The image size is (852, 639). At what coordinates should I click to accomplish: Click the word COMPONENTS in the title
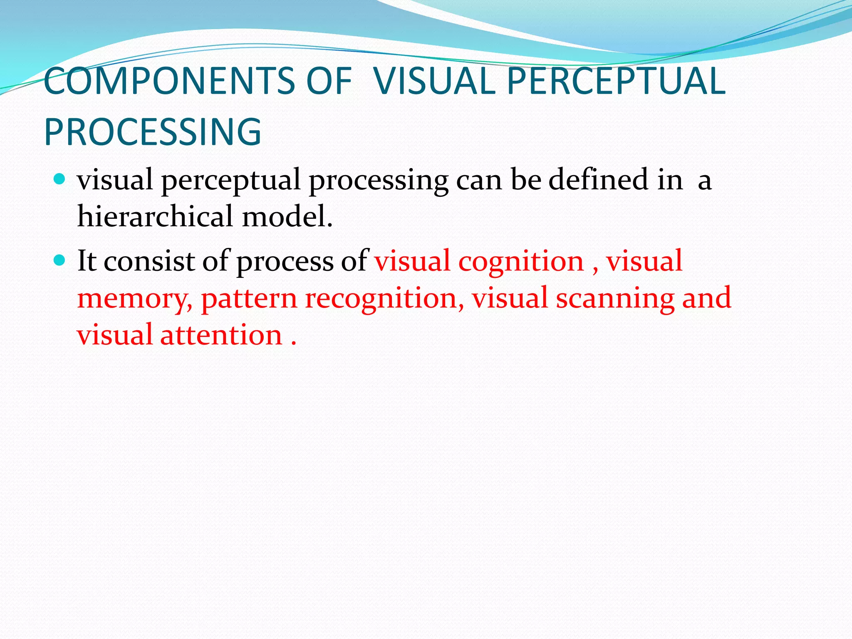(168, 81)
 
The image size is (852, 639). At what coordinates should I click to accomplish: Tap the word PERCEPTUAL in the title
(616, 81)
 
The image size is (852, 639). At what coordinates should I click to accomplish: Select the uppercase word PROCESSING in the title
(153, 132)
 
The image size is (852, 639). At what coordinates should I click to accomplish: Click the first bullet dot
(60, 179)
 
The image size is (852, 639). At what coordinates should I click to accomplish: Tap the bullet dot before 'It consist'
(60, 260)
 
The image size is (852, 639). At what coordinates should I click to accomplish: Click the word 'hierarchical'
(155, 217)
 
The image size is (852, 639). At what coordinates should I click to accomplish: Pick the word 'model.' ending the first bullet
(287, 217)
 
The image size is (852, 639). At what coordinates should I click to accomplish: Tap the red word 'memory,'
(135, 299)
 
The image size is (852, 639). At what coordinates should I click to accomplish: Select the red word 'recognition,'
(384, 299)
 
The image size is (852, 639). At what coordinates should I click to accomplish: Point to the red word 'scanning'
(615, 299)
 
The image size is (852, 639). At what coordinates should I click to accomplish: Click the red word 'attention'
(221, 335)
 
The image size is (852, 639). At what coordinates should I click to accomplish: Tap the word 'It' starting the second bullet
(87, 261)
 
